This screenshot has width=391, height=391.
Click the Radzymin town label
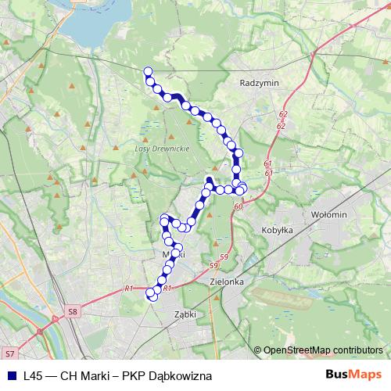[x=261, y=82]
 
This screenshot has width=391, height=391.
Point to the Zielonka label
[x=228, y=282]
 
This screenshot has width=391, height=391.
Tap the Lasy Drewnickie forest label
[x=157, y=149]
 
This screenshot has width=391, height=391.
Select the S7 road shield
[x=9, y=354]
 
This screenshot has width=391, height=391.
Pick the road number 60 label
[x=238, y=206]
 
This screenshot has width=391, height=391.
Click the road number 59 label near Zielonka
[x=224, y=258]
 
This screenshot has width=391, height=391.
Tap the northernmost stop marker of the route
[x=147, y=71]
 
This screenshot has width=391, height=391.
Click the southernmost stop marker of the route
[x=152, y=294]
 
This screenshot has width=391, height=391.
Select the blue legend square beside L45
[x=10, y=376]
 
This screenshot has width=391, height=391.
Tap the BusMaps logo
[x=353, y=375]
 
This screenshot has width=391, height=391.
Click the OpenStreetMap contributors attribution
[x=323, y=350]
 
